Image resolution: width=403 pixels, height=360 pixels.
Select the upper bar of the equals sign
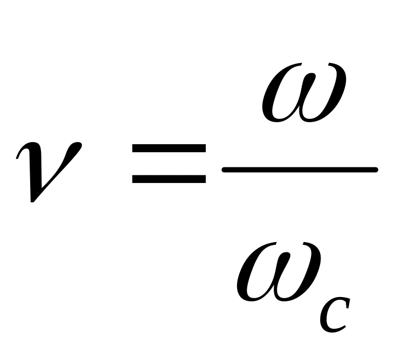(169, 149)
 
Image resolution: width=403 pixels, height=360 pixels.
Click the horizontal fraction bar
(300, 170)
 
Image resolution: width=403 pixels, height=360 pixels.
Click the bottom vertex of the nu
(33, 200)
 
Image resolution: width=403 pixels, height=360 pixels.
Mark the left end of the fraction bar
(225, 170)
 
